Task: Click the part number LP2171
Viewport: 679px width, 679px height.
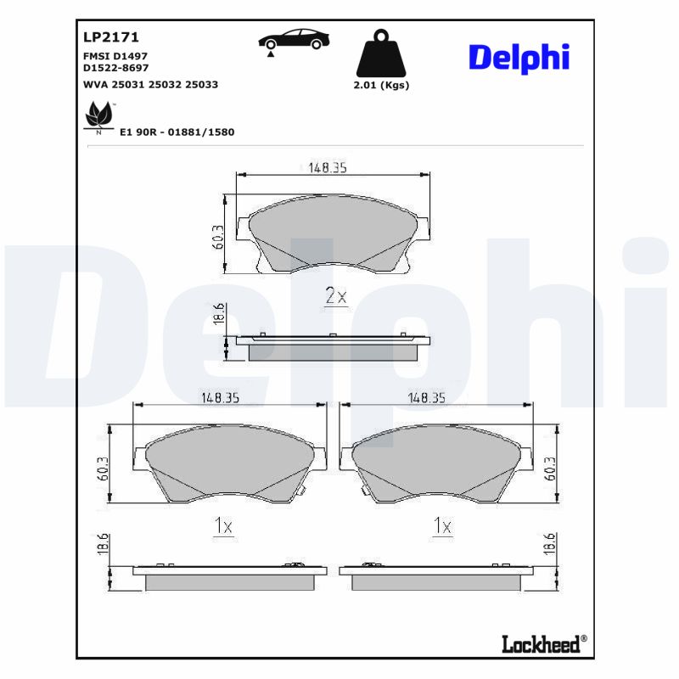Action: pos(110,37)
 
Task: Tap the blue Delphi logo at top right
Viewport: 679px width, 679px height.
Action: pos(518,58)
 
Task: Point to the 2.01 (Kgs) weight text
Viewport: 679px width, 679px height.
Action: pos(380,85)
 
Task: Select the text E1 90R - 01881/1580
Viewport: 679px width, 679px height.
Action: pos(177,132)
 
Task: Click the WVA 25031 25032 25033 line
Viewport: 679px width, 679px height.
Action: pos(150,84)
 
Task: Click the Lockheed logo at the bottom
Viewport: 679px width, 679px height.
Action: pos(540,643)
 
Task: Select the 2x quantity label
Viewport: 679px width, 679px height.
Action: pos(337,296)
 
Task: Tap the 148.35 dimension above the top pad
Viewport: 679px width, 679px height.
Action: pos(328,168)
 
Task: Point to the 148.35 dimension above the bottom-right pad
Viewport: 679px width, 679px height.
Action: pos(427,396)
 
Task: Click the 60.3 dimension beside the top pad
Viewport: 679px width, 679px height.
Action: pos(218,237)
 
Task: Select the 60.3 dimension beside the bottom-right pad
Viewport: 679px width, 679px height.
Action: pos(551,469)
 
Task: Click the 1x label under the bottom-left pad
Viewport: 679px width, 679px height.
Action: pos(222,527)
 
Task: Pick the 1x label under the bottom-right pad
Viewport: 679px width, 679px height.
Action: pos(441,527)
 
